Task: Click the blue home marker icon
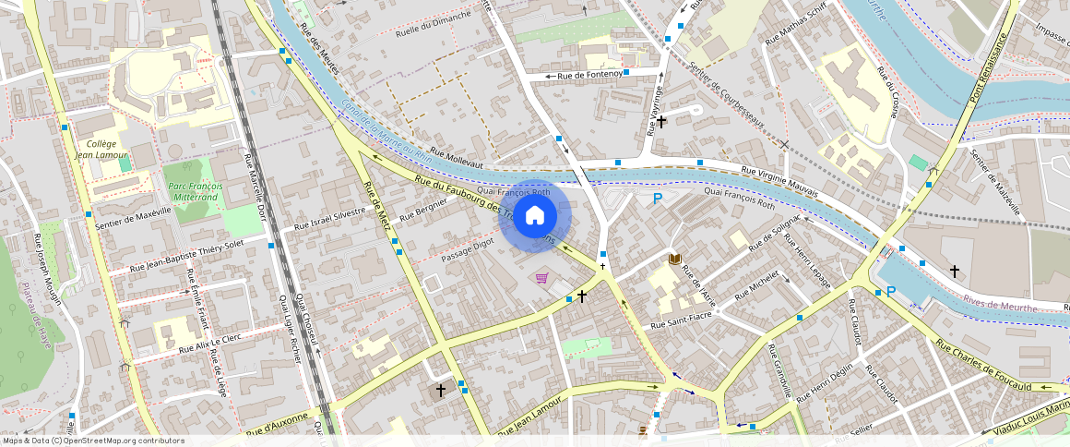[535, 216]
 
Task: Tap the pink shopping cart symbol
[541, 278]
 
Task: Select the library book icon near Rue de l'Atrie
[674, 259]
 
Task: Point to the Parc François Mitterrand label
[194, 191]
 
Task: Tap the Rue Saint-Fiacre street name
[681, 322]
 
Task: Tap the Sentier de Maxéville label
[135, 212]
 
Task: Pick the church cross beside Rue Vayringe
[660, 121]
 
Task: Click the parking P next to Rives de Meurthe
[890, 292]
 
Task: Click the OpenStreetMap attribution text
[94, 441]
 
